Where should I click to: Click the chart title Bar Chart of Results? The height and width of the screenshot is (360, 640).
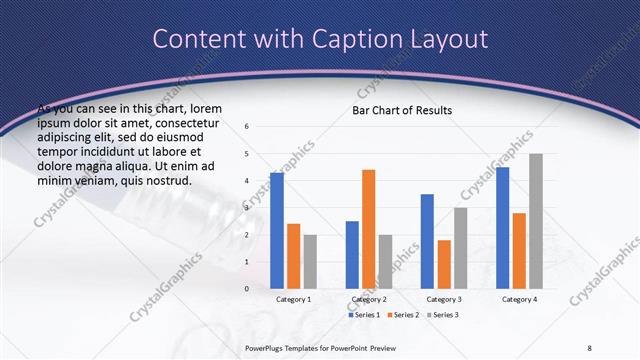pyautogui.click(x=402, y=110)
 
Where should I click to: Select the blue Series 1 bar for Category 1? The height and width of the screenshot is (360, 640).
pyautogui.click(x=277, y=230)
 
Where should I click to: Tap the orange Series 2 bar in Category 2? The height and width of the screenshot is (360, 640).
pyautogui.click(x=368, y=228)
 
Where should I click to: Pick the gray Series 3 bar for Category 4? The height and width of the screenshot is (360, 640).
pyautogui.click(x=536, y=220)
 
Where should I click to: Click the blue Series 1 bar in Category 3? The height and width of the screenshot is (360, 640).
pyautogui.click(x=427, y=241)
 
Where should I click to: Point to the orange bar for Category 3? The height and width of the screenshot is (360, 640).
pyautogui.click(x=443, y=264)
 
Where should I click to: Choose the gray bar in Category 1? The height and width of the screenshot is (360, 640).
pyautogui.click(x=309, y=261)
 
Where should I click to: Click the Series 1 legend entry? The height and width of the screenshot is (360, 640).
pyautogui.click(x=364, y=315)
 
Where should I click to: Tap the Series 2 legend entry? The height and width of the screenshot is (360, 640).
pyautogui.click(x=403, y=315)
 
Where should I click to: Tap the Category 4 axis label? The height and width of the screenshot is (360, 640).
pyautogui.click(x=519, y=299)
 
